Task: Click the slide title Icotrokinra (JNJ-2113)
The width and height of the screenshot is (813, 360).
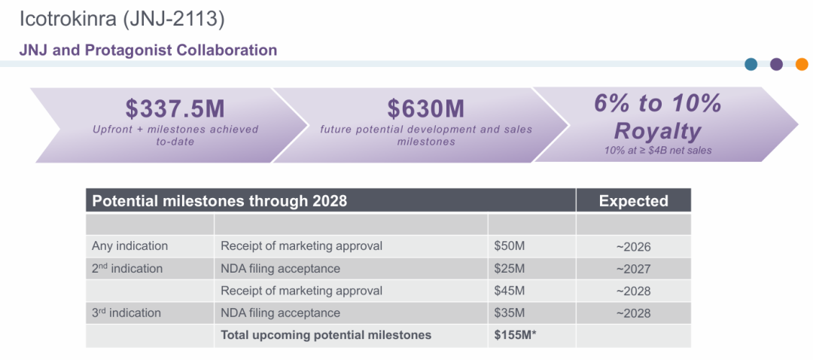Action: (122, 19)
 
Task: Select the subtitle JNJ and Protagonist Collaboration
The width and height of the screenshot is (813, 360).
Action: (148, 50)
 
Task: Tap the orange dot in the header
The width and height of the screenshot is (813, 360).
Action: (802, 64)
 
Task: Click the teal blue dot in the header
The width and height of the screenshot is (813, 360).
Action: (751, 64)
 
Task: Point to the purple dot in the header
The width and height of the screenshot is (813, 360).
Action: (776, 64)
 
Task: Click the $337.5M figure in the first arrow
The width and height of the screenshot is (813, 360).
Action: (175, 109)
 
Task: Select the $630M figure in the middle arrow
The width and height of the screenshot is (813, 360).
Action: (425, 109)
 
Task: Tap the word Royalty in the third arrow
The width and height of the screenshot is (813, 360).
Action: (657, 131)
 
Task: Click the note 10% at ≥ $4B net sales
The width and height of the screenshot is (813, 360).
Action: (657, 151)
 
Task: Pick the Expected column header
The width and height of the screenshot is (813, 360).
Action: (634, 201)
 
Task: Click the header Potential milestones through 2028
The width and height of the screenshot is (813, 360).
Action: (219, 201)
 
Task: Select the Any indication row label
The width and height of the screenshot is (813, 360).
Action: (129, 246)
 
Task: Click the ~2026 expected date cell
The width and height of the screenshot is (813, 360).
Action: (633, 246)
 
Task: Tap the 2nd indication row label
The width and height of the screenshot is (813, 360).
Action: (127, 268)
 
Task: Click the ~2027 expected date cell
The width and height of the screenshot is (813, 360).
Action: (633, 269)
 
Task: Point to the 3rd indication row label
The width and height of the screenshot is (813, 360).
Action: (126, 313)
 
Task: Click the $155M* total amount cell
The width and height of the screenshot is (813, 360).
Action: (515, 335)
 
